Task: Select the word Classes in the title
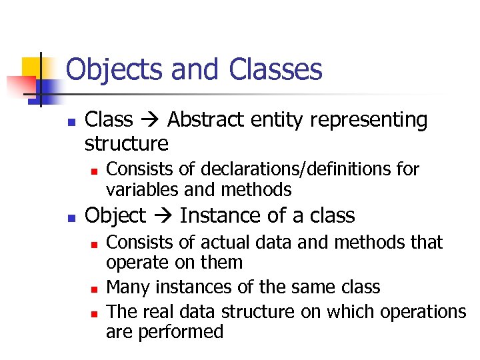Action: click(275, 70)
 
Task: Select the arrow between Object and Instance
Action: click(163, 216)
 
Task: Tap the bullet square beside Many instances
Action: click(94, 289)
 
